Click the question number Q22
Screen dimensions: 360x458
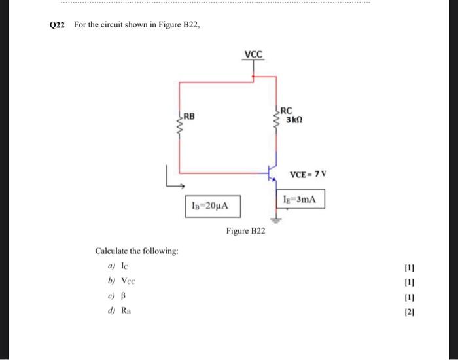coord(58,24)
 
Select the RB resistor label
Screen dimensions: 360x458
coord(189,116)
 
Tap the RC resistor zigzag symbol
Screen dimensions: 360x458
coord(277,118)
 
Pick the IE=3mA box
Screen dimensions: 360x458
coord(301,199)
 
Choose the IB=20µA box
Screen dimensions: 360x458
coord(211,206)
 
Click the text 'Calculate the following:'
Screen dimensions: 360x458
coord(137,251)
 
